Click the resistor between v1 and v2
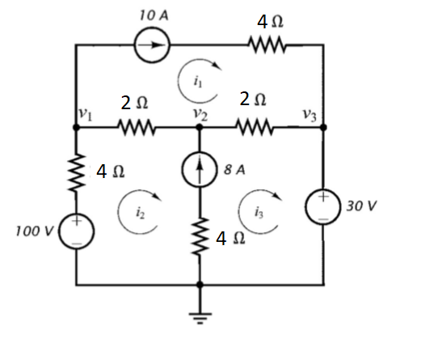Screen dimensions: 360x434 pyautogui.click(x=135, y=127)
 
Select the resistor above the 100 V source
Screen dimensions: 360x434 pyautogui.click(x=77, y=172)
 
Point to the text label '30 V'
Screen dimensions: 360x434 pyautogui.click(x=360, y=205)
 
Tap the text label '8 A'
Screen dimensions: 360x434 pyautogui.click(x=234, y=171)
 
